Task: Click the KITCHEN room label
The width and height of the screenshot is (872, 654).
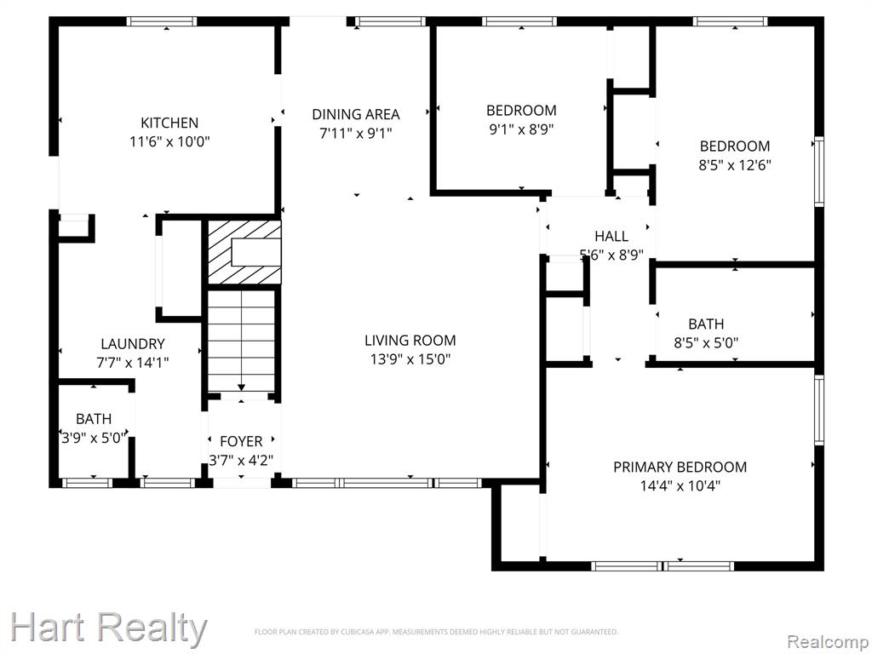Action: click(x=169, y=123)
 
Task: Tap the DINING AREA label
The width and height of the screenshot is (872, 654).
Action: click(x=355, y=114)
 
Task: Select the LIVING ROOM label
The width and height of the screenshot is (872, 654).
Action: click(x=410, y=340)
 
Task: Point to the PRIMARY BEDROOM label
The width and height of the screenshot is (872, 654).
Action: click(x=680, y=467)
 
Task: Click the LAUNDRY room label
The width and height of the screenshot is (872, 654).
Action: click(x=132, y=344)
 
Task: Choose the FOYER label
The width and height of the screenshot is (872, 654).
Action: click(x=241, y=441)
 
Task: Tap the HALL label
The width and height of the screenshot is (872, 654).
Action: click(x=611, y=236)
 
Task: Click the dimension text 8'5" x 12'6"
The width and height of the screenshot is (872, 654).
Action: click(x=735, y=165)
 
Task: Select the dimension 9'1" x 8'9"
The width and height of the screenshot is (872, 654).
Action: click(x=521, y=129)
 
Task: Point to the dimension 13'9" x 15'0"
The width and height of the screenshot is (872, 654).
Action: click(x=410, y=359)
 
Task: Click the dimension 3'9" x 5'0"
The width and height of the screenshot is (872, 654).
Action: click(x=94, y=439)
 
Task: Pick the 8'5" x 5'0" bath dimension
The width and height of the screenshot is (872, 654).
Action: click(x=706, y=342)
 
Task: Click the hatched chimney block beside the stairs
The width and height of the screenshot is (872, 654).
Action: click(x=244, y=252)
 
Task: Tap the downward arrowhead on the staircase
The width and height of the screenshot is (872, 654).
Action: click(x=241, y=387)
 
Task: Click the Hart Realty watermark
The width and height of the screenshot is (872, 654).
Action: click(x=108, y=628)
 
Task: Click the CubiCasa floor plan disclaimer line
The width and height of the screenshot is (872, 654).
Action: click(x=436, y=632)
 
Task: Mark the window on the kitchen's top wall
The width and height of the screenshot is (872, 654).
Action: click(x=162, y=21)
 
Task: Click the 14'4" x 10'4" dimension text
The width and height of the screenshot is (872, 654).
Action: click(x=680, y=485)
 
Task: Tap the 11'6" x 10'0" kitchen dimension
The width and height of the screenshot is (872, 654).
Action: click(x=169, y=141)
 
